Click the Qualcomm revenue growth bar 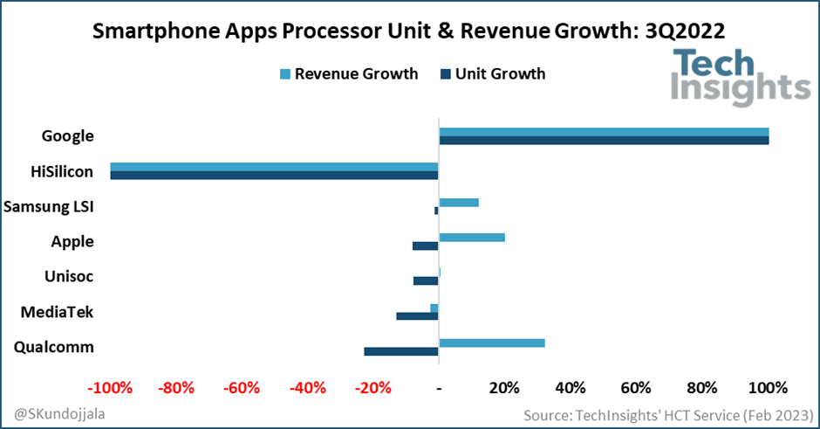tap(492, 343)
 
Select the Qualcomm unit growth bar tap(401, 351)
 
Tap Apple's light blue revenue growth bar tap(472, 237)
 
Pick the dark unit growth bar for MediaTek tap(417, 315)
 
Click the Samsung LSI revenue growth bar tap(459, 203)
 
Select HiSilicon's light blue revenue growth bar tap(274, 167)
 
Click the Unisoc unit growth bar tap(426, 280)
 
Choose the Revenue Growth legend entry tap(348, 73)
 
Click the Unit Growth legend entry tap(493, 73)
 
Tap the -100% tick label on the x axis tap(111, 388)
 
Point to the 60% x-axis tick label tap(637, 388)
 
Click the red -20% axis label tap(372, 388)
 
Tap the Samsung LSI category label tap(49, 207)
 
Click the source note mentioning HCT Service tap(666, 412)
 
